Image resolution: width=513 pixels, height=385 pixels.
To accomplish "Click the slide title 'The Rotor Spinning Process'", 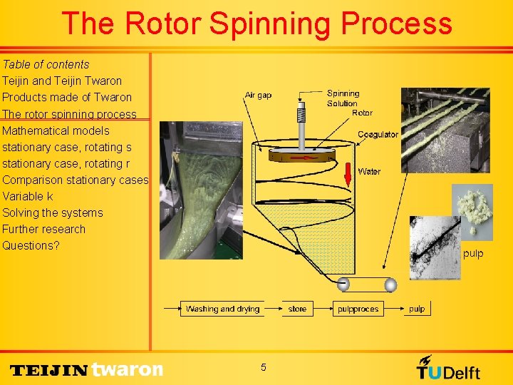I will tap(256, 24).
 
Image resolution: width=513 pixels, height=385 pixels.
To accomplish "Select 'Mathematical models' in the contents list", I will tap(56, 130).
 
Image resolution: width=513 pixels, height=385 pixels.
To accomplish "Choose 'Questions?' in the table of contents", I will tap(31, 245).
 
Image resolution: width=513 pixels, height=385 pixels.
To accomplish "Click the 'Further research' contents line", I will tap(43, 229).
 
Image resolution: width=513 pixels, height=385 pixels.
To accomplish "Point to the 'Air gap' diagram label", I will tap(258, 96).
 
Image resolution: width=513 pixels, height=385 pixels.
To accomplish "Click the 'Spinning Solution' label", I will tap(343, 98).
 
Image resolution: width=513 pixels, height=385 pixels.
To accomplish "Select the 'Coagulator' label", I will tap(378, 135).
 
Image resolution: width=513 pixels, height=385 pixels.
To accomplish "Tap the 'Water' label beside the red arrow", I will tap(369, 171).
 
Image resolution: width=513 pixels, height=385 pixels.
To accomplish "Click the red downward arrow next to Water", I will tap(348, 173).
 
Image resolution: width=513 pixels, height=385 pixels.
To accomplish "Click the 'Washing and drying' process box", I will tap(222, 309).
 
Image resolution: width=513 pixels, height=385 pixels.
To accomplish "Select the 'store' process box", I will tap(297, 309).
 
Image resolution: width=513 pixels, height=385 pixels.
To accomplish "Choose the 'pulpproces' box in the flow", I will tap(358, 309).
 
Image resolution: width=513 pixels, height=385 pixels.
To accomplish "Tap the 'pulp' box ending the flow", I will tap(417, 309).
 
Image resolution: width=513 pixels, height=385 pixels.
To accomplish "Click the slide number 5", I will tap(263, 367).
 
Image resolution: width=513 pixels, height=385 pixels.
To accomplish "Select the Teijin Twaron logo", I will tap(87, 369).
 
